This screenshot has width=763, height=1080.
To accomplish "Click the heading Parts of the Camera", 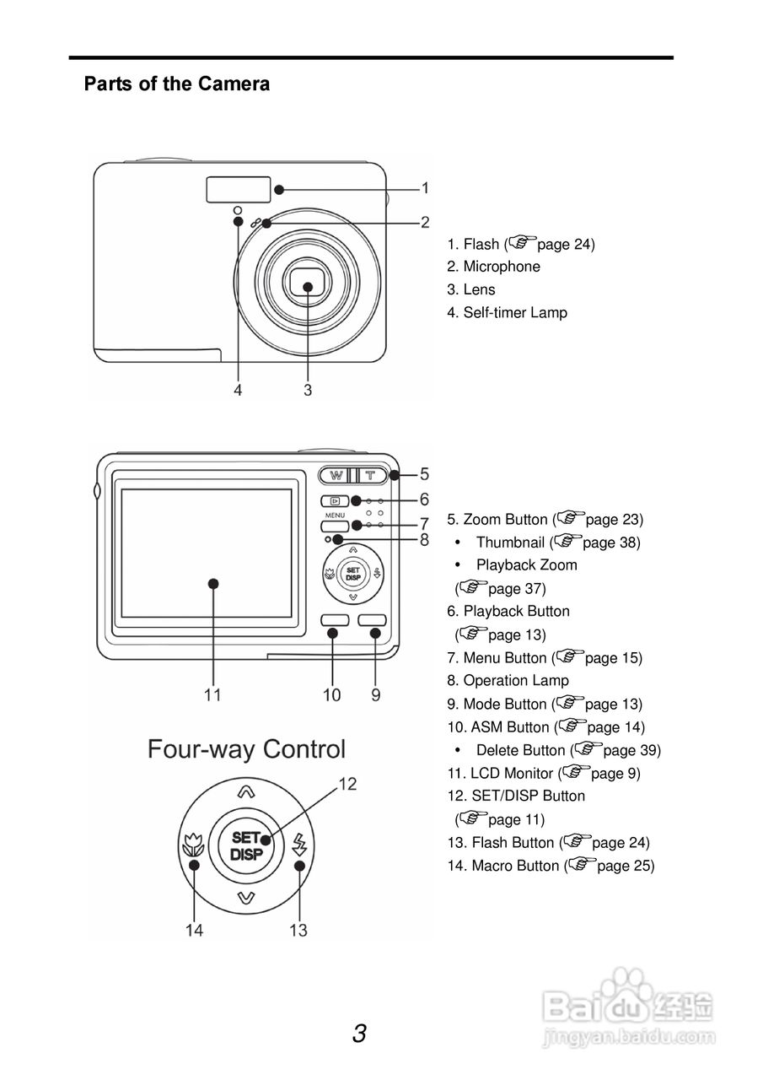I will pos(177,84).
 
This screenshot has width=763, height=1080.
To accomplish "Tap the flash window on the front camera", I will pos(239,190).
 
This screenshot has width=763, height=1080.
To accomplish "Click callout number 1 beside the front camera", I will pos(426,188).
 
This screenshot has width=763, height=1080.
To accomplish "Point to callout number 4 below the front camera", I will pos(239,390).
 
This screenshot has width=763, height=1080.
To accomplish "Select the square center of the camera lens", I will pos(308,285).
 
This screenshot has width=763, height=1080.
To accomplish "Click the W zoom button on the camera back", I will pos(336,475).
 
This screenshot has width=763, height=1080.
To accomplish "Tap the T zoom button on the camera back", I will pos(369,475).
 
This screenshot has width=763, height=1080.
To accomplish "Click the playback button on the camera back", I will pos(335,500).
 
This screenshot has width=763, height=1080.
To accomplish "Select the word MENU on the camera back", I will pos(334,515).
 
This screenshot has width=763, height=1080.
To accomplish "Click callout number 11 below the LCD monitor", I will pos(212,695).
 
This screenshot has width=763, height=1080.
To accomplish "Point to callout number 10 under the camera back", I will pos(332,695).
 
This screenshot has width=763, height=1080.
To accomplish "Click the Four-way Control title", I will pos(246,749).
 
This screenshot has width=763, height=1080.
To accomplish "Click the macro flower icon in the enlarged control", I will pos(193,844).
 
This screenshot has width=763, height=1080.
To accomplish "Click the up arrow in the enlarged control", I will pos(245,792).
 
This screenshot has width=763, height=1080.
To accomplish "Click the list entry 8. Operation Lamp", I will pos(508,681).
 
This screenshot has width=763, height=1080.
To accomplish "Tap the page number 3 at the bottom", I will pos(360,1033).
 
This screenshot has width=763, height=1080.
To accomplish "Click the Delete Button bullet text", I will pos(520,750).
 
